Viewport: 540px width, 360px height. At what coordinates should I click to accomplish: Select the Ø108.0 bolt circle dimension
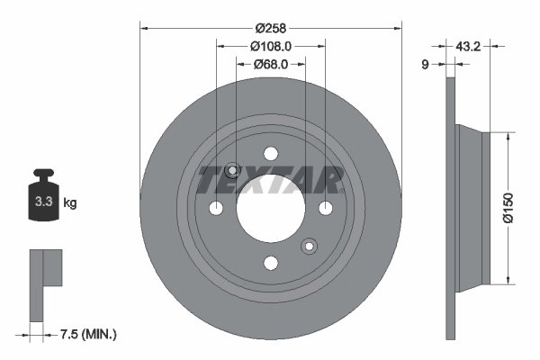(x=269, y=45)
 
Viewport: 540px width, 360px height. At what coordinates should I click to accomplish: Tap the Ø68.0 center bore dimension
(x=269, y=64)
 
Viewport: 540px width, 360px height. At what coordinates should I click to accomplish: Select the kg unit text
(x=70, y=203)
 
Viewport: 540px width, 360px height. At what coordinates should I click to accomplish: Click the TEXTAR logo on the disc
(x=270, y=180)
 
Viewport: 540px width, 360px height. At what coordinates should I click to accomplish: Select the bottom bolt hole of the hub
(x=270, y=262)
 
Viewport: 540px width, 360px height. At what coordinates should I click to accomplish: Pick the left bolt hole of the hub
(x=217, y=209)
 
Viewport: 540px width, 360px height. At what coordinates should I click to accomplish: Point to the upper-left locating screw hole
(x=232, y=171)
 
